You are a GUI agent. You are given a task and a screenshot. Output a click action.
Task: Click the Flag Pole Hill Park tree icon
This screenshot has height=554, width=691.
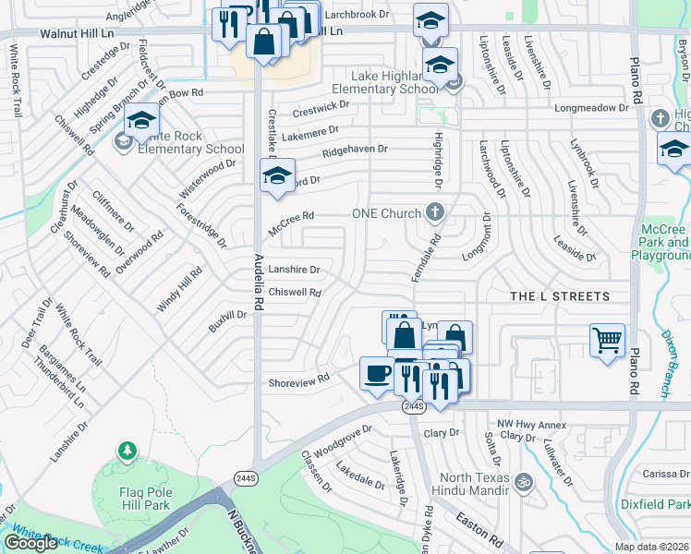(x=127, y=452)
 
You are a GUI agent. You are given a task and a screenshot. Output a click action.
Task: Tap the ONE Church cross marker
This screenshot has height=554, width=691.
(x=435, y=213)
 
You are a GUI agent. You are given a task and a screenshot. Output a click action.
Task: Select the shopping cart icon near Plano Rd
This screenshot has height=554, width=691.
(x=607, y=339)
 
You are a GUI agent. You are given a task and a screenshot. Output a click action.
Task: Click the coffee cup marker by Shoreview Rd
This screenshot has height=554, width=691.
(x=377, y=373)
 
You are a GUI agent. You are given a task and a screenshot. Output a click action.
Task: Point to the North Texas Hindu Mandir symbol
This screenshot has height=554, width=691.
(x=525, y=481)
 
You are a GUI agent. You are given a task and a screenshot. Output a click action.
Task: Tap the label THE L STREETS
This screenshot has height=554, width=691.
(x=561, y=296)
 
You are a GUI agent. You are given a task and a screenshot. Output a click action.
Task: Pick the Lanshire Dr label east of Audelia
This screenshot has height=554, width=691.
(x=294, y=270)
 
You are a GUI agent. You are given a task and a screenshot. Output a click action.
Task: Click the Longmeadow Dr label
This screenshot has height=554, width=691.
(x=591, y=108)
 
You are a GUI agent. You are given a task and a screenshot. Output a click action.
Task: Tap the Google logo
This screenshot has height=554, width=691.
(x=30, y=543)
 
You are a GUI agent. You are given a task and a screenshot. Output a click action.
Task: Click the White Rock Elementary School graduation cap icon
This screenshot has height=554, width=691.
(x=141, y=120)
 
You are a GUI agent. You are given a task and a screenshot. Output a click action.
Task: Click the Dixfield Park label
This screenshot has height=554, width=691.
(x=668, y=505)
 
